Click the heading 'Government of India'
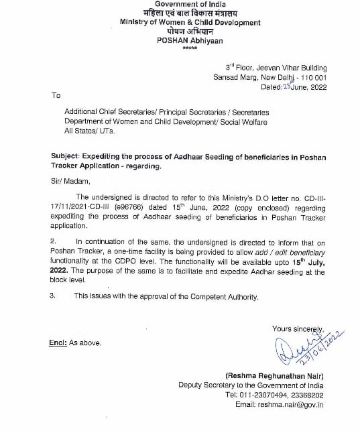(190, 5)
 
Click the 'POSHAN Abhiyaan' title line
(190, 40)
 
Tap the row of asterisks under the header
(190, 48)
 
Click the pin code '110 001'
(311, 77)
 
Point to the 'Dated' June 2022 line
(294, 86)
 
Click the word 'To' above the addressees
(56, 95)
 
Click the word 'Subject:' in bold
(69, 157)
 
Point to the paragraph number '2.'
(54, 241)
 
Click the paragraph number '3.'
(54, 296)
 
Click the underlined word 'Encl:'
(58, 343)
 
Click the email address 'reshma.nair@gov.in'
(292, 404)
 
